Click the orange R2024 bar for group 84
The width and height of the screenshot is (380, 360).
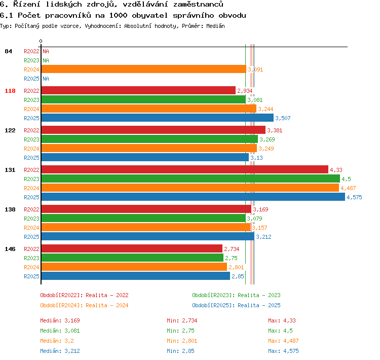point(144,69)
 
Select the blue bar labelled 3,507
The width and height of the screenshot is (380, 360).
point(158,118)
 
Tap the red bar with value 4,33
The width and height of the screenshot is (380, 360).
point(185,169)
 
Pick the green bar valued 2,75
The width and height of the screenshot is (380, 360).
point(132,258)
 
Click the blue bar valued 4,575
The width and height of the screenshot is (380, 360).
point(193,197)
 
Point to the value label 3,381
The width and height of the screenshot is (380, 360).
point(275,130)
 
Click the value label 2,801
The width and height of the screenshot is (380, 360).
point(236,267)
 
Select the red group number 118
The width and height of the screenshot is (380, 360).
point(10,91)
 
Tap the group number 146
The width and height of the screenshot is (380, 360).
point(10,249)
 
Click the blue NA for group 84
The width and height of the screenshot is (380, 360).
point(46,79)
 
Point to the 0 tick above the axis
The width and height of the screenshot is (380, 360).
point(41,41)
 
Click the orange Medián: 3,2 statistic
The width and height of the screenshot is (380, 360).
point(57,341)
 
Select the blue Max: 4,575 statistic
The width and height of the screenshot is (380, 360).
point(283,351)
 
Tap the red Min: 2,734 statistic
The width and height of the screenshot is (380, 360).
point(182,320)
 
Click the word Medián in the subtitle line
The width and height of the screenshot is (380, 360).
point(215,26)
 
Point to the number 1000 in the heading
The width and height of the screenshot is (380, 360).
point(118,16)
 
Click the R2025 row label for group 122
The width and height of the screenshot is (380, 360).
point(31,158)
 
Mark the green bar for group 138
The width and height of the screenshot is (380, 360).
point(143,218)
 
